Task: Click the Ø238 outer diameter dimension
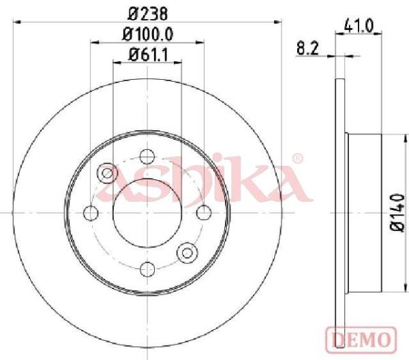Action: click(147, 14)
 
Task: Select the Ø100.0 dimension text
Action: click(148, 34)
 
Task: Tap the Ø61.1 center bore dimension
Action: click(148, 55)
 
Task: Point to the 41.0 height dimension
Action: click(359, 26)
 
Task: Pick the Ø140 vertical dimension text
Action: click(398, 212)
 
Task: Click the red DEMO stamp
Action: click(361, 339)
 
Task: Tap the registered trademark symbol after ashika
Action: click(297, 158)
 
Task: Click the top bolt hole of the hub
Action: click(147, 157)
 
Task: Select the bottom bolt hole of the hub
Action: click(147, 269)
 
